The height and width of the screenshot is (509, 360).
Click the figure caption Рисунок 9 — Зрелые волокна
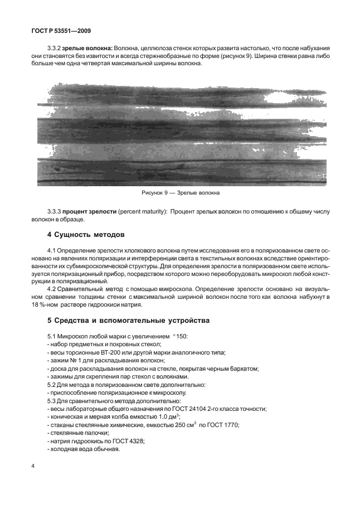[x=179, y=193]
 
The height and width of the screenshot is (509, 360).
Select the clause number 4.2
[x=54, y=289]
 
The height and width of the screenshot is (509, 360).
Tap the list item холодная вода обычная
[x=85, y=448]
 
